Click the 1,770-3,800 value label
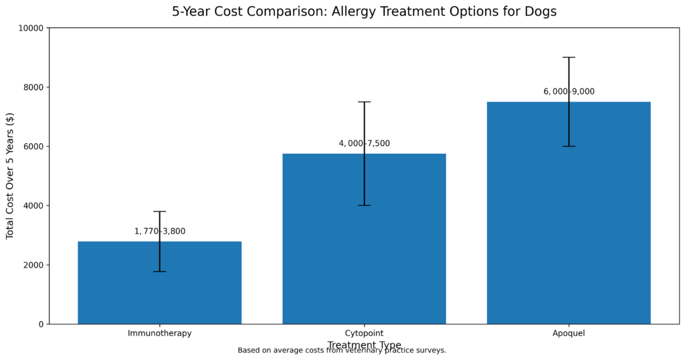[x=159, y=232]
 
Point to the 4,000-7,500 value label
[x=364, y=143]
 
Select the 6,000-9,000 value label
[x=569, y=92]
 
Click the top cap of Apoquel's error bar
[x=569, y=58]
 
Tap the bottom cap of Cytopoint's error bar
[x=364, y=205]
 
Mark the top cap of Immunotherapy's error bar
[x=159, y=211]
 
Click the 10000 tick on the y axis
[x=31, y=28]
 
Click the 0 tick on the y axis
[x=41, y=325]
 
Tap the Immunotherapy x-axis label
[x=159, y=333]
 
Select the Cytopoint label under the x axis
[x=364, y=333]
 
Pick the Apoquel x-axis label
[x=569, y=333]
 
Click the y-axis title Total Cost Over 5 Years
[x=10, y=176]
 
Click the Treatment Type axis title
[x=364, y=345]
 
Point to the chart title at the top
[x=364, y=11]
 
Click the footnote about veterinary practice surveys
[x=341, y=351]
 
